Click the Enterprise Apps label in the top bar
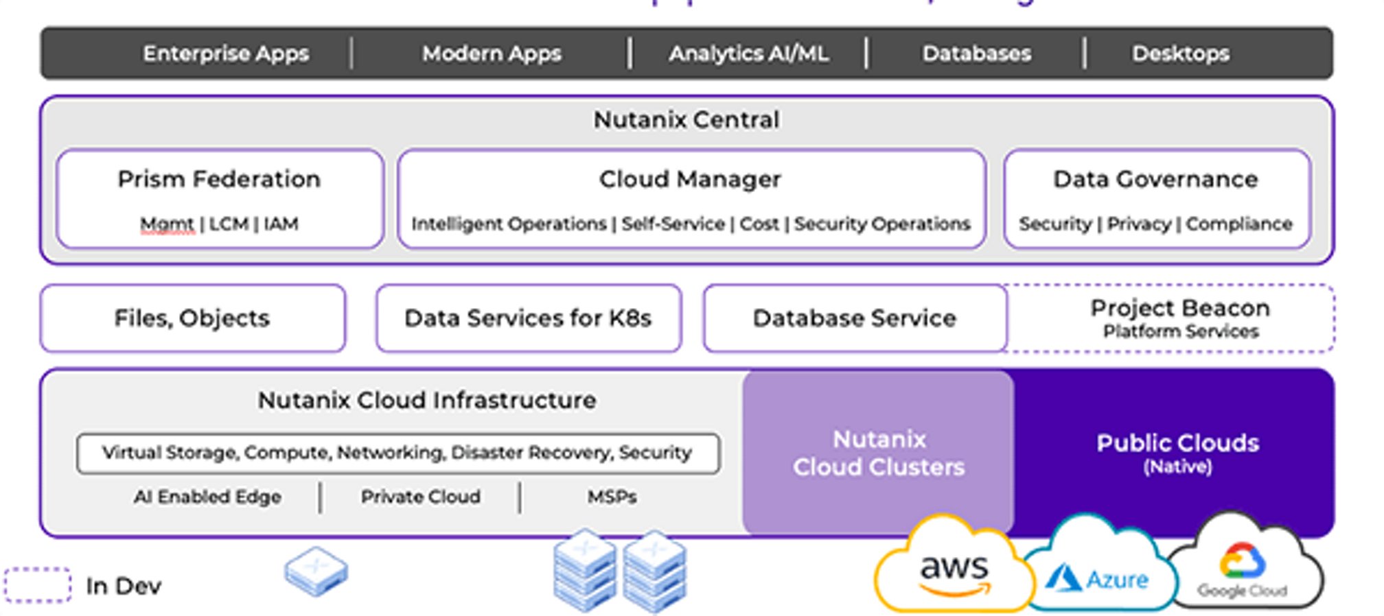click(226, 54)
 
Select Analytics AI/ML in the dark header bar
click(748, 54)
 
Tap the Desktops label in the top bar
click(1180, 54)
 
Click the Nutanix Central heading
click(687, 120)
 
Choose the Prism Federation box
click(220, 199)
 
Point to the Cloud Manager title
click(690, 180)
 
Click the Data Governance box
click(1157, 199)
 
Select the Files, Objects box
click(192, 318)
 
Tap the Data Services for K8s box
click(528, 318)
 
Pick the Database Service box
click(855, 318)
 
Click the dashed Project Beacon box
click(1179, 318)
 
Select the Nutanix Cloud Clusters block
click(879, 453)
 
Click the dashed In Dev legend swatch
click(38, 585)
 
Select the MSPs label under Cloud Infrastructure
click(612, 497)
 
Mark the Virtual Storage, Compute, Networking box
click(398, 453)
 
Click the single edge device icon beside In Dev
click(316, 571)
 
